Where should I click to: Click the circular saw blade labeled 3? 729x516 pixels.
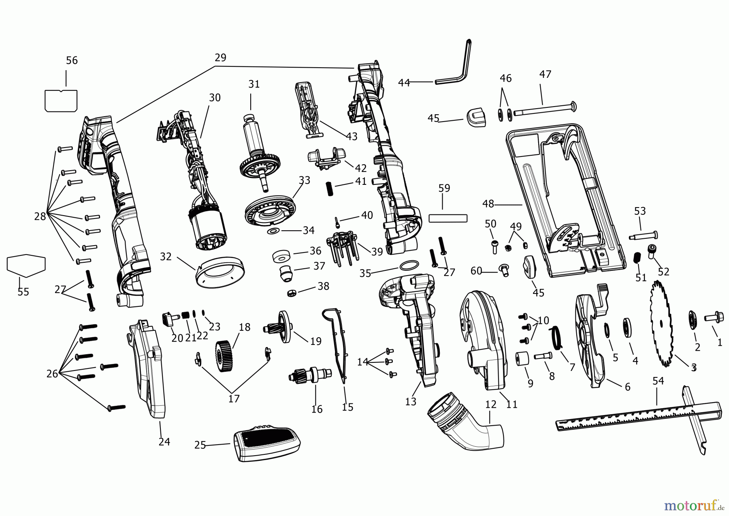661,323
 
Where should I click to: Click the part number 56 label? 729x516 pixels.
72,60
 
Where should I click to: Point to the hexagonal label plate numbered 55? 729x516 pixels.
26,265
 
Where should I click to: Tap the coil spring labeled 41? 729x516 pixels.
330,188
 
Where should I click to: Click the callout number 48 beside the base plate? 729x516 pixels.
488,204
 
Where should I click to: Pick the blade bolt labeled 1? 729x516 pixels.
715,319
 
